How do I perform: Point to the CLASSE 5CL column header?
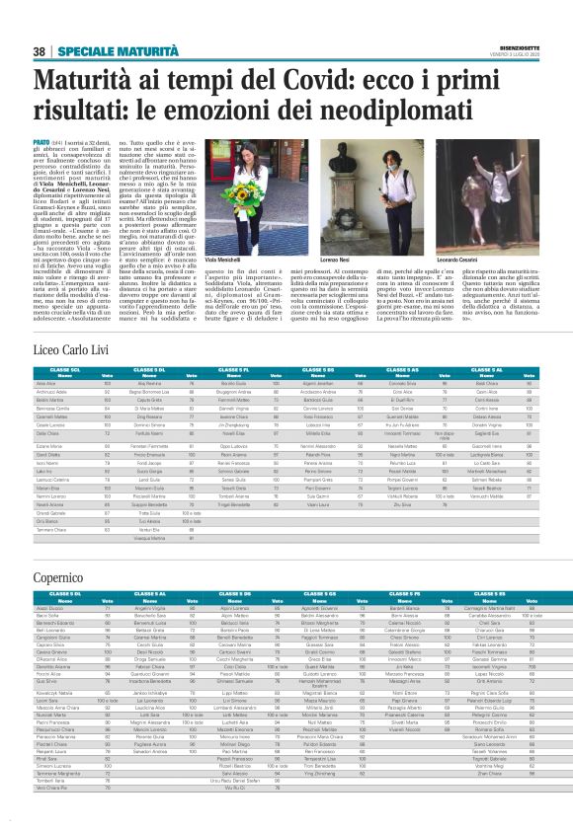[62, 340]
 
